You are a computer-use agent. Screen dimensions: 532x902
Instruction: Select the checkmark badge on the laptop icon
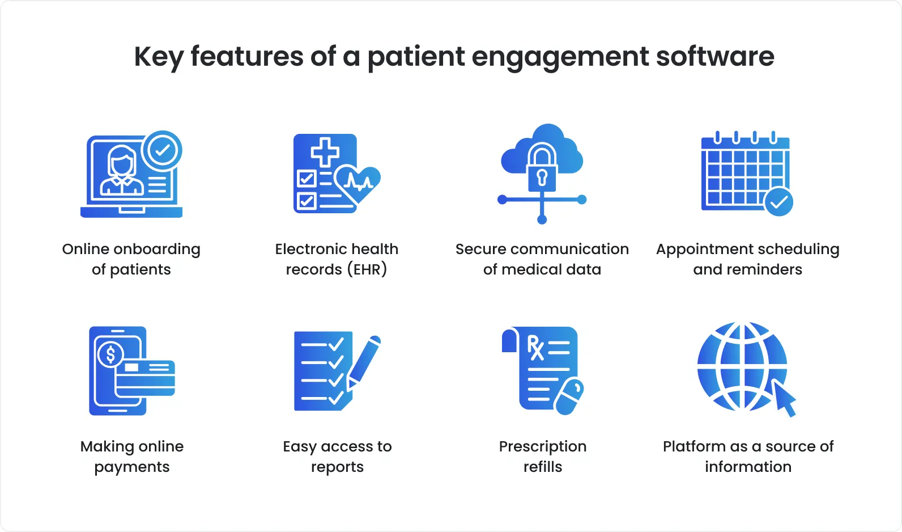click(162, 150)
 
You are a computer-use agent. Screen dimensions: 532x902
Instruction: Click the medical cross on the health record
click(325, 151)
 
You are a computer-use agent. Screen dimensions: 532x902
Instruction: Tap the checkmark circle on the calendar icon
click(778, 201)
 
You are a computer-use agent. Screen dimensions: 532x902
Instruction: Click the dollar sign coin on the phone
click(110, 354)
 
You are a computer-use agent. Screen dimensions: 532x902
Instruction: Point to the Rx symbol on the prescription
click(535, 348)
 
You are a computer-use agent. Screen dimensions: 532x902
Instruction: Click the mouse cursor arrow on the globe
click(785, 398)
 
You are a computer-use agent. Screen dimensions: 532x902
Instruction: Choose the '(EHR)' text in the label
click(367, 269)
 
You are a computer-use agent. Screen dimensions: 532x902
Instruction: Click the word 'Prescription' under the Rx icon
click(542, 446)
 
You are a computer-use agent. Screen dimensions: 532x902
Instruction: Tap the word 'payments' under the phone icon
click(131, 467)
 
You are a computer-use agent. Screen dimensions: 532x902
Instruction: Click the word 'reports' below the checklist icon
click(337, 467)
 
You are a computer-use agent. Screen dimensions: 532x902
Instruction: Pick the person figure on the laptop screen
click(122, 170)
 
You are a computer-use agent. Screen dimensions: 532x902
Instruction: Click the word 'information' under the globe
click(748, 467)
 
